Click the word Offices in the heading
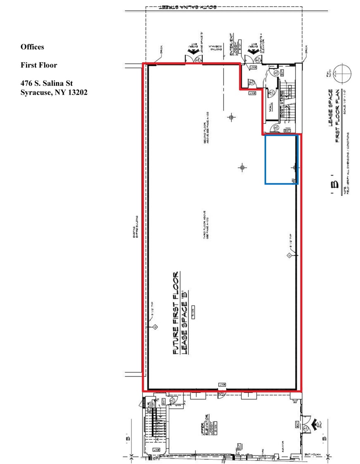[32, 47]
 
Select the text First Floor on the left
[39, 65]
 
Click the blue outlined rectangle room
[281, 159]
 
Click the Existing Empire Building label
[137, 228]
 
